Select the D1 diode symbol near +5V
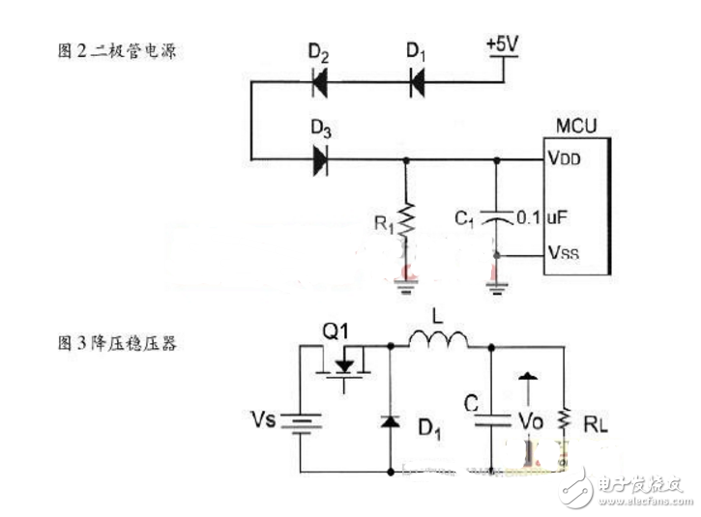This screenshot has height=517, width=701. coord(417,83)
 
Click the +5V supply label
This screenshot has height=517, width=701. coord(504,46)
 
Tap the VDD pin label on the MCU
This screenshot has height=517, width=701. coord(565,159)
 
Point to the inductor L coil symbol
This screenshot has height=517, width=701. coord(437,340)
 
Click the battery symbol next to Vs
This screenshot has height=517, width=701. coord(308,424)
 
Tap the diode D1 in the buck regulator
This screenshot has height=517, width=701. coord(393,422)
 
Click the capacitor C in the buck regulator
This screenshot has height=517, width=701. coord(491,416)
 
